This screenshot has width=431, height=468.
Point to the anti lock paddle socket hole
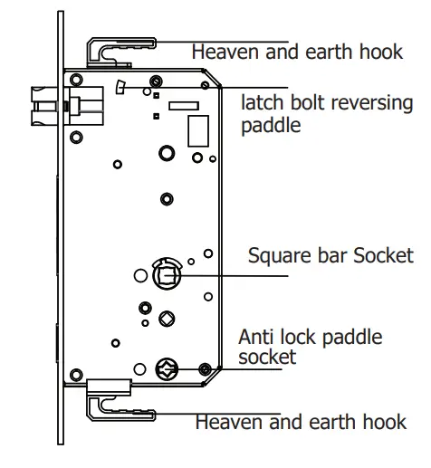pyautogui.click(x=168, y=367)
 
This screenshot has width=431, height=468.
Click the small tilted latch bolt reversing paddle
pyautogui.click(x=120, y=88)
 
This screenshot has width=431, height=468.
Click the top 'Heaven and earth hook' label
pyautogui.click(x=297, y=52)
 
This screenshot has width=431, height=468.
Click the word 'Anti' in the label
pyautogui.click(x=255, y=337)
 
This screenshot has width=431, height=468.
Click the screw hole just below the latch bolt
pyautogui.click(x=77, y=136)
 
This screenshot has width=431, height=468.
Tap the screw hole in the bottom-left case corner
pyautogui.click(x=78, y=368)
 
